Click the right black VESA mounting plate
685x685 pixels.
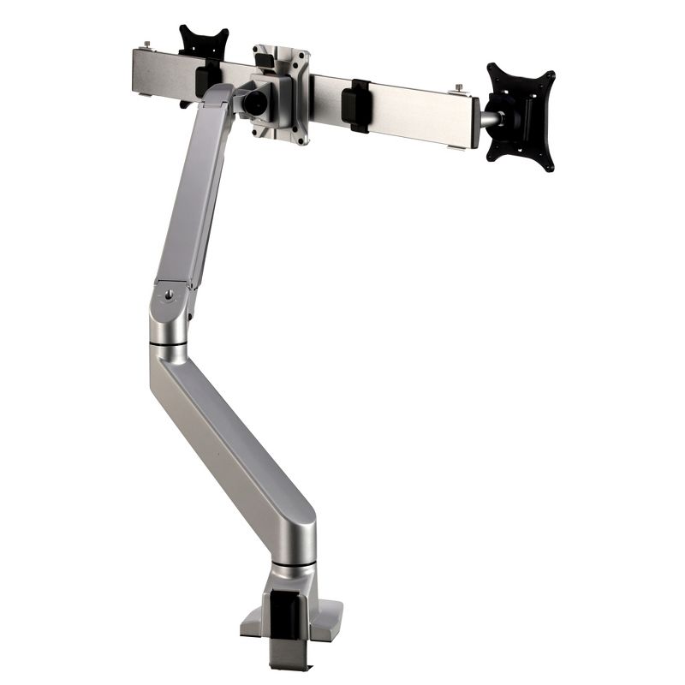click(x=520, y=116)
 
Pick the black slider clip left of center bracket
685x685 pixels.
click(x=206, y=79)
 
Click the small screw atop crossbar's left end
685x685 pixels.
click(x=148, y=45)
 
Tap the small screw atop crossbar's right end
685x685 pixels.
click(x=460, y=87)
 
